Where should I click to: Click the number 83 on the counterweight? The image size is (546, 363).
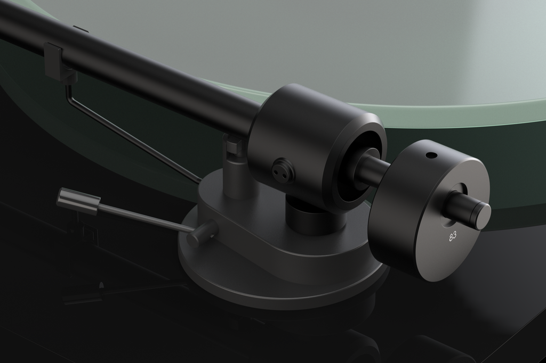pyautogui.click(x=453, y=236)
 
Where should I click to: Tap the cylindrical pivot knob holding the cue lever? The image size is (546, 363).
pyautogui.click(x=203, y=233)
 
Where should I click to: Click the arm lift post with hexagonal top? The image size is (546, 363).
pyautogui.click(x=234, y=165)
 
